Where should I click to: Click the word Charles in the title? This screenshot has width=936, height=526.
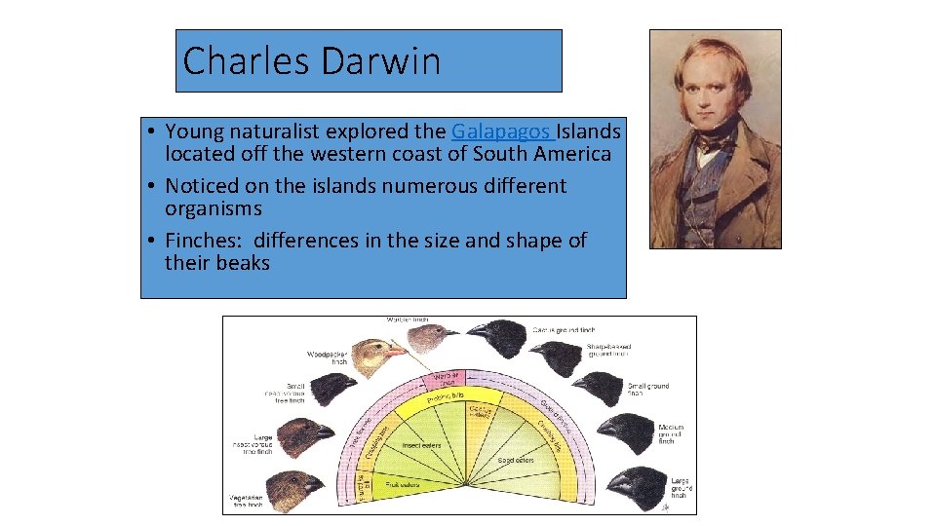click(227, 61)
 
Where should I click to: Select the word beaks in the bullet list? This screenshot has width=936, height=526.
click(243, 263)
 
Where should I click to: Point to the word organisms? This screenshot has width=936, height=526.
click(214, 208)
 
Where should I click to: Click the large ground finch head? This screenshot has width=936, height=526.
click(639, 484)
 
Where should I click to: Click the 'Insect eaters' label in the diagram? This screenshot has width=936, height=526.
click(422, 446)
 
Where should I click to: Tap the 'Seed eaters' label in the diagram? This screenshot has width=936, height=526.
click(517, 459)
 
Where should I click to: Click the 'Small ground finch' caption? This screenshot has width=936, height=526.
click(647, 391)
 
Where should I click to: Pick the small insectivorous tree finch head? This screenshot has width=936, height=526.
click(336, 388)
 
